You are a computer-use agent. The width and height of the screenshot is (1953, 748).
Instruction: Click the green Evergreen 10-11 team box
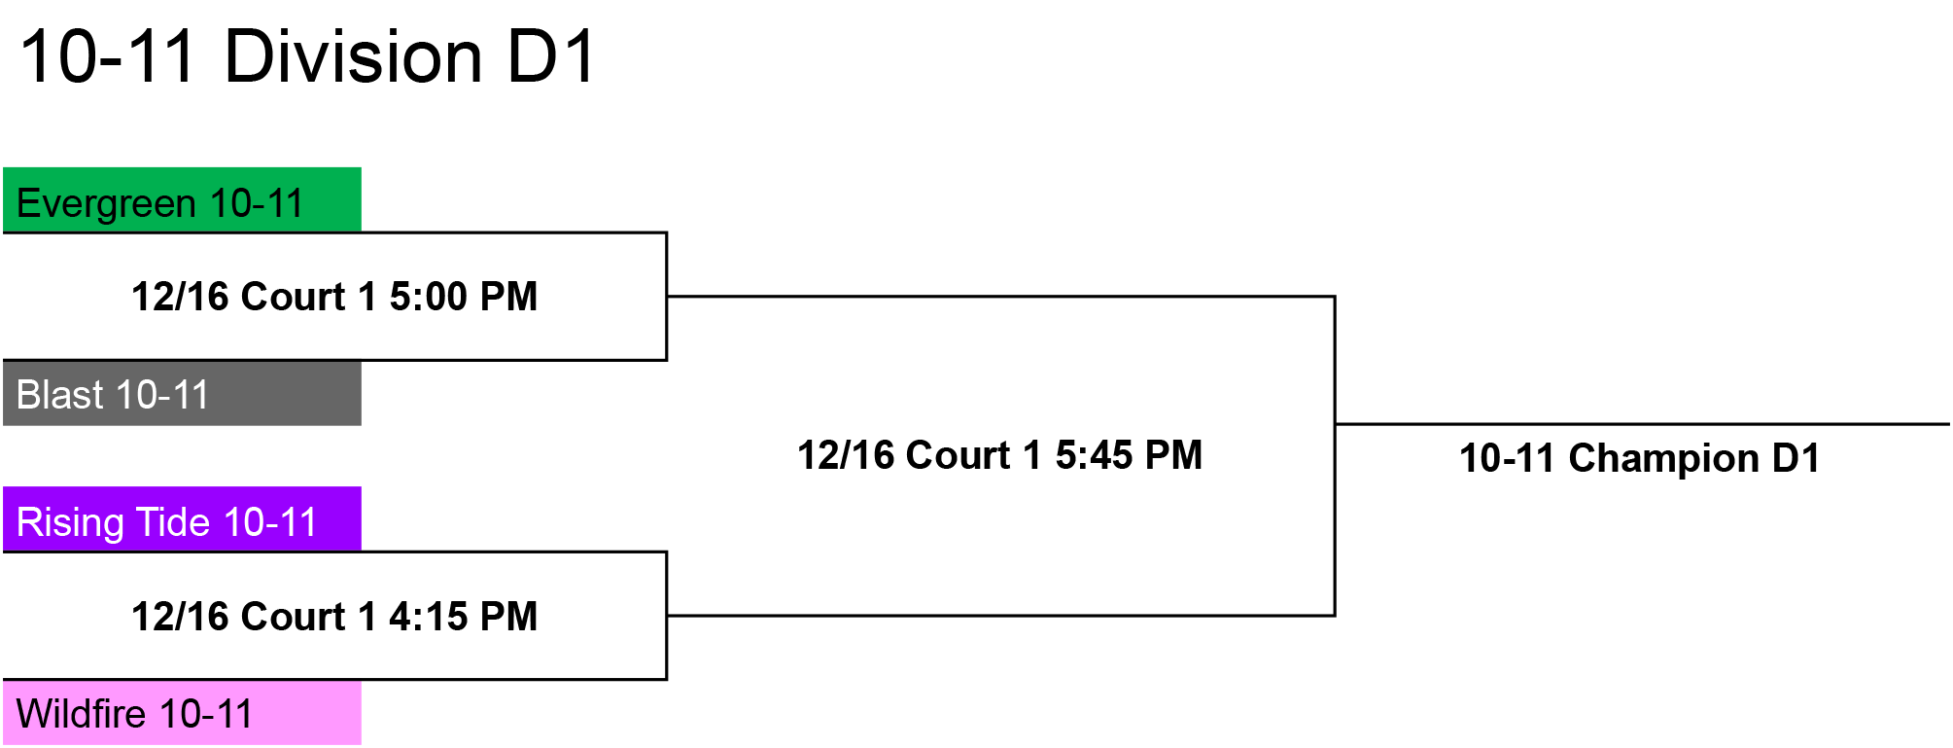click(182, 199)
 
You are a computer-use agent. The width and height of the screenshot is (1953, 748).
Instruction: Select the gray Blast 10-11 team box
click(182, 393)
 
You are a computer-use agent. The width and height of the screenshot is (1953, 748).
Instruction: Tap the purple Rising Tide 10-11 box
click(182, 518)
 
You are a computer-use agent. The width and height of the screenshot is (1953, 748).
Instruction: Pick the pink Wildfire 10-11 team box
click(182, 713)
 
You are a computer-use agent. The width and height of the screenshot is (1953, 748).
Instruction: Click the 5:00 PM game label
click(334, 297)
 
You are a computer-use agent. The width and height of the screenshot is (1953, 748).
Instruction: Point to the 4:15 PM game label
click(334, 617)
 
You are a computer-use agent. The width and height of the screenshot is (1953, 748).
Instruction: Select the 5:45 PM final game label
click(999, 455)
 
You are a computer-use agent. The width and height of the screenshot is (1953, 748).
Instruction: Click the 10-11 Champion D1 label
click(1640, 458)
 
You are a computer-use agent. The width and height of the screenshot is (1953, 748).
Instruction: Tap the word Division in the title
click(354, 56)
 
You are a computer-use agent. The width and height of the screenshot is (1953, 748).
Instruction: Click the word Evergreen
click(107, 204)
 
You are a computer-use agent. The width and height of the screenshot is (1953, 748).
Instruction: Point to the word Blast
click(60, 395)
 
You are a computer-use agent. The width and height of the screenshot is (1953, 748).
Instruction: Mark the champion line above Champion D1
click(1642, 424)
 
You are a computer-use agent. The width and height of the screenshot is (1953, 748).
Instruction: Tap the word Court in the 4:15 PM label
click(293, 617)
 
